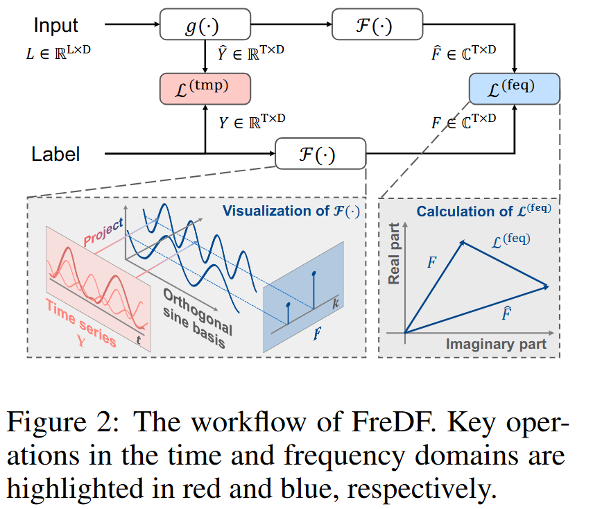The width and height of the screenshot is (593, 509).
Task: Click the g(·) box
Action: click(205, 26)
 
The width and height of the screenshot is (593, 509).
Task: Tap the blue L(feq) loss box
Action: click(513, 89)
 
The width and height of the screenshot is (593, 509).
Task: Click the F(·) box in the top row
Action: click(377, 26)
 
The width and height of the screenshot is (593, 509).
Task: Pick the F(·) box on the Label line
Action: click(320, 153)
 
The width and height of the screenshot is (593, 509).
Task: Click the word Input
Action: click(56, 26)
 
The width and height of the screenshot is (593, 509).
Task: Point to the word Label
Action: click(55, 154)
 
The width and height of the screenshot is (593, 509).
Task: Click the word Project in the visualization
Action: click(103, 231)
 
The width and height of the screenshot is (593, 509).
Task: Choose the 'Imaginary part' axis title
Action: click(496, 344)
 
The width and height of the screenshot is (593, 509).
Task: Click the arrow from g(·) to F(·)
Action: click(290, 26)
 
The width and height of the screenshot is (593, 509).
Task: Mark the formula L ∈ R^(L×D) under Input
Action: click(58, 51)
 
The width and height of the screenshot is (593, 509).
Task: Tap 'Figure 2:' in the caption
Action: click(64, 423)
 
